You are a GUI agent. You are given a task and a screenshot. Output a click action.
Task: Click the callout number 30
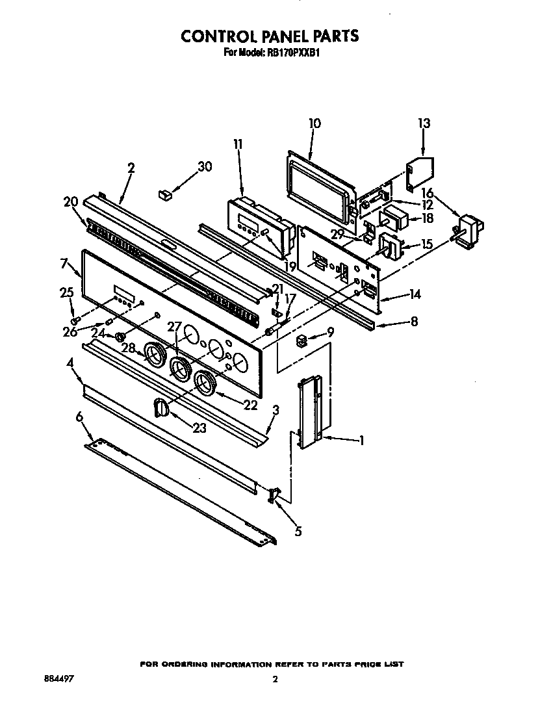[205, 166]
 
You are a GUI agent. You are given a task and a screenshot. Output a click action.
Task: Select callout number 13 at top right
[424, 123]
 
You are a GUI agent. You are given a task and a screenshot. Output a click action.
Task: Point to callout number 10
[314, 123]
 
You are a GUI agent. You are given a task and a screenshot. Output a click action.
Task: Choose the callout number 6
[79, 417]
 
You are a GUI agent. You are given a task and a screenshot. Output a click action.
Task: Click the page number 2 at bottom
[275, 680]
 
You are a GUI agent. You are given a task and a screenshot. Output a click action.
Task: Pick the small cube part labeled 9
[301, 340]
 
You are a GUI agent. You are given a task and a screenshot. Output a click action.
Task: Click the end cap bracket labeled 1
[310, 414]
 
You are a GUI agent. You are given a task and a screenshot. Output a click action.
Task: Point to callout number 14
[415, 294]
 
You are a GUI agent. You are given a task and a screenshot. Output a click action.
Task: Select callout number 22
[250, 405]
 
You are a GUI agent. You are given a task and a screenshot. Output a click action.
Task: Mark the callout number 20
[70, 201]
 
